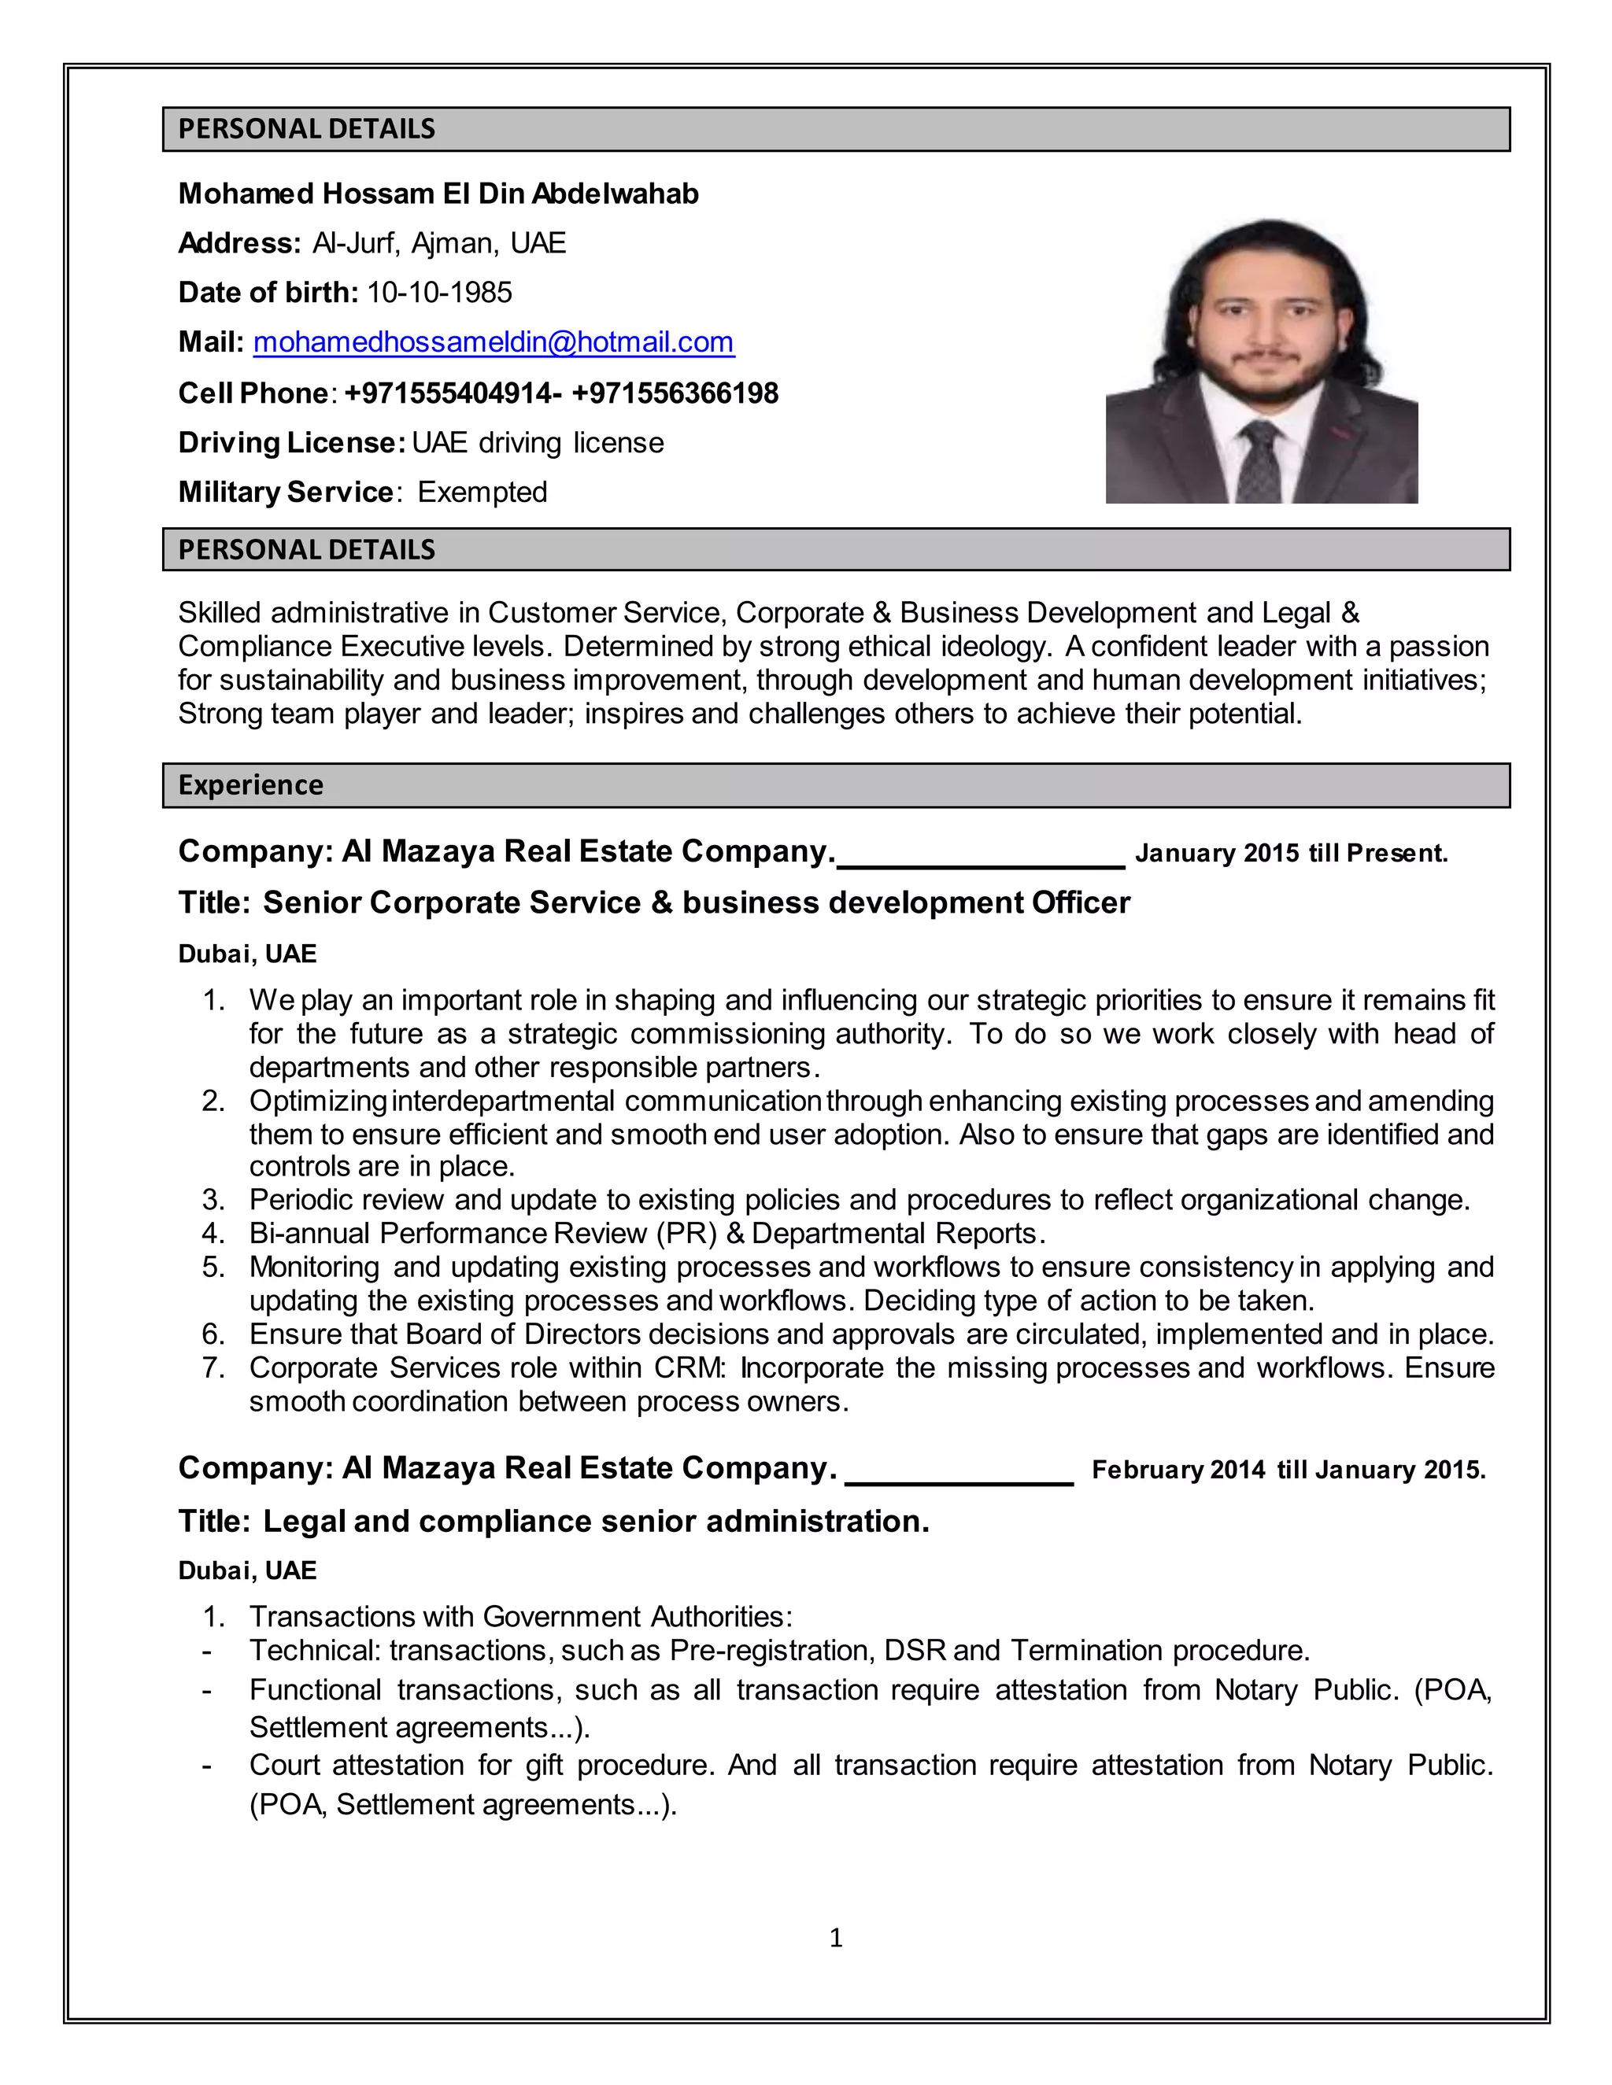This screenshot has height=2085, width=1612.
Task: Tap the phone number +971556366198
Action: click(x=675, y=393)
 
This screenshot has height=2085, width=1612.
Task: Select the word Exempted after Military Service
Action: click(x=482, y=493)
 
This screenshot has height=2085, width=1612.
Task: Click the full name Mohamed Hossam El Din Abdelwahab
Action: click(x=438, y=194)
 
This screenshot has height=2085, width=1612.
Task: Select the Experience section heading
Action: click(x=251, y=784)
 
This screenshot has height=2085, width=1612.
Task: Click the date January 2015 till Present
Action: click(x=1291, y=854)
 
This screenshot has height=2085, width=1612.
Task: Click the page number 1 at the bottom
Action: click(x=836, y=1937)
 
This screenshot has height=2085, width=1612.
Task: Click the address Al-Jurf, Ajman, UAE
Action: click(x=439, y=243)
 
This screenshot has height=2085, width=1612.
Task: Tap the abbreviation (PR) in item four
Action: click(x=686, y=1234)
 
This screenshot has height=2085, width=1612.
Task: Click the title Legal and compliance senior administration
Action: click(x=596, y=1522)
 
